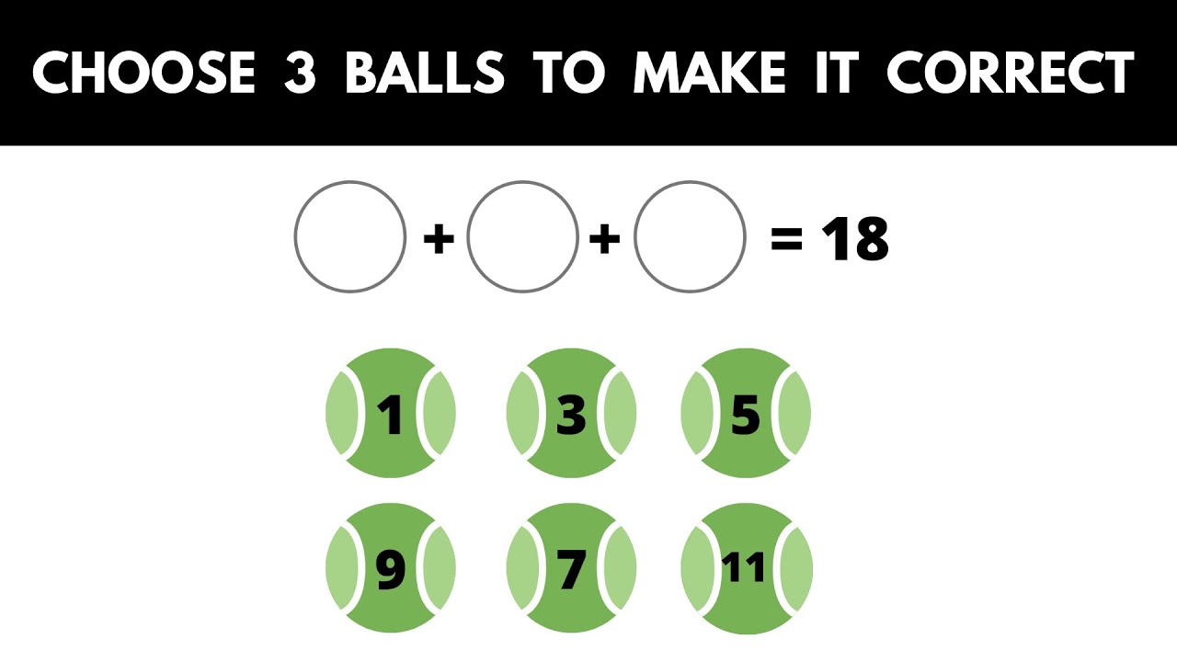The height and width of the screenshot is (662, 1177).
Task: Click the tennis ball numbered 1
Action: click(x=391, y=413)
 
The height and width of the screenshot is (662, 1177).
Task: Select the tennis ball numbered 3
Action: click(x=571, y=413)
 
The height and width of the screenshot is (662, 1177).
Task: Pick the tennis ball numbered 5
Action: click(x=746, y=413)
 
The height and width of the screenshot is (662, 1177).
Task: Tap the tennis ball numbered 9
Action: click(x=391, y=569)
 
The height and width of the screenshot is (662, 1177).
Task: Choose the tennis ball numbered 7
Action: click(x=571, y=569)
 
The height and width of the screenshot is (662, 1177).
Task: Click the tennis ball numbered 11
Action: click(x=746, y=569)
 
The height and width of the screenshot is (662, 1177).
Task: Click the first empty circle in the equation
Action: click(x=350, y=237)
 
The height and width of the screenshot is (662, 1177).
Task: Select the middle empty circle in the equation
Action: click(x=522, y=237)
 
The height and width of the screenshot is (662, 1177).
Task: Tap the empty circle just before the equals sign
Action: click(x=690, y=237)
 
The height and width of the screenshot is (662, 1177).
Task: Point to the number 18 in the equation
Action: click(x=854, y=240)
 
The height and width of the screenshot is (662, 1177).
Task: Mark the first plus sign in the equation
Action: click(x=438, y=241)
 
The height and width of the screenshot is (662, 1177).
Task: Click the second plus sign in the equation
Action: click(x=605, y=241)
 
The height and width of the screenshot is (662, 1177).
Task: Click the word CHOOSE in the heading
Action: click(x=143, y=73)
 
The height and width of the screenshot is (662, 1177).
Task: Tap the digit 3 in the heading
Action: click(x=300, y=73)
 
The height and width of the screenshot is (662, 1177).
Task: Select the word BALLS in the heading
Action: click(x=425, y=73)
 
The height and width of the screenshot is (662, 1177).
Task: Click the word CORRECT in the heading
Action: click(x=1009, y=73)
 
